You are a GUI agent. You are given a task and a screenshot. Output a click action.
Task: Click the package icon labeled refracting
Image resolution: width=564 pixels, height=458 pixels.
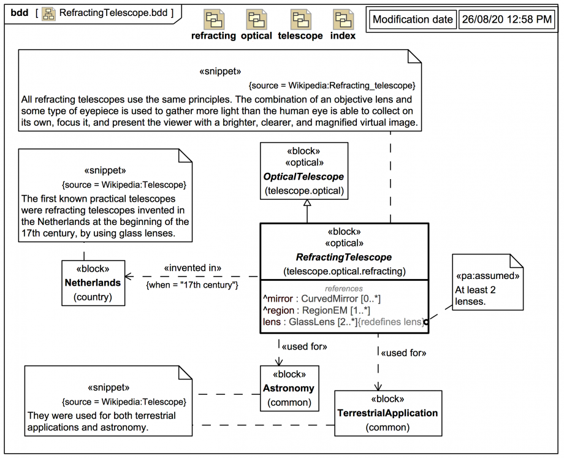[x=213, y=20]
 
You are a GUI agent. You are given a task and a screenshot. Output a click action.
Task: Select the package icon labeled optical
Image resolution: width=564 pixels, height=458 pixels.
[x=256, y=20]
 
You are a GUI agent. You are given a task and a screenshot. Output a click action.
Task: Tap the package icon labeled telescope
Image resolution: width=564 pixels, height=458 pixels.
[x=300, y=20]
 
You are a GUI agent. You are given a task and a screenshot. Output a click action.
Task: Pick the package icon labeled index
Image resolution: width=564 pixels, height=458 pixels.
[x=343, y=20]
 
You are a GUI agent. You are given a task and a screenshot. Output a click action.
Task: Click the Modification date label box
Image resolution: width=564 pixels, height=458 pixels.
[x=412, y=20]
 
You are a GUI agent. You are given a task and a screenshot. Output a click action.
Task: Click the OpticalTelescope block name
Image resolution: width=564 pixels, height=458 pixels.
[x=304, y=177]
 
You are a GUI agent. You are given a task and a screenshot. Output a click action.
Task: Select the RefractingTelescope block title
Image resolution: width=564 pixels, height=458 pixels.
[x=344, y=257]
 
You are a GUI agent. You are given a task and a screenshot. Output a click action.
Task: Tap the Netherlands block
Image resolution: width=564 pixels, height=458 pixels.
[x=93, y=283]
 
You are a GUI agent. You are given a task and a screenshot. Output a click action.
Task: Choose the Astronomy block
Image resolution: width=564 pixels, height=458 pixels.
[x=288, y=388]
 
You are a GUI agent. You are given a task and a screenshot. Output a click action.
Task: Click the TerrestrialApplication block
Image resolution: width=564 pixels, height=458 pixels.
[x=387, y=413]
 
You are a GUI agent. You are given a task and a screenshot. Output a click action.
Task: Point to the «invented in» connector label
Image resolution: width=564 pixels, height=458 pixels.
[x=192, y=269]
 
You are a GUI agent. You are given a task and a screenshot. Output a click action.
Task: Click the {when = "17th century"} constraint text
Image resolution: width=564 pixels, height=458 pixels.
[x=192, y=284]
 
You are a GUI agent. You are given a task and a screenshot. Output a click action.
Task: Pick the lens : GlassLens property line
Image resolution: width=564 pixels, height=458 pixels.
[x=342, y=322]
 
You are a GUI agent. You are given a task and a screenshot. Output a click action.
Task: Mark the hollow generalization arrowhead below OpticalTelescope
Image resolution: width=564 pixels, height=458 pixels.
[x=307, y=207]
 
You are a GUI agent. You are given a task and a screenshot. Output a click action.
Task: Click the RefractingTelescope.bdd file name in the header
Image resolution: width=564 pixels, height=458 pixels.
[x=116, y=12]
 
